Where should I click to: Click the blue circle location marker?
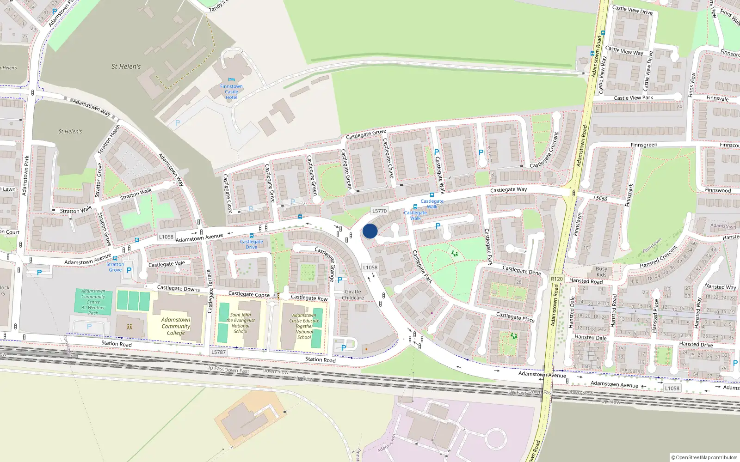[370, 231]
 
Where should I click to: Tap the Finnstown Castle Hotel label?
[231, 92]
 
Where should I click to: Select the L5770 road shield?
[379, 211]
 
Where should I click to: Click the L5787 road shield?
[218, 352]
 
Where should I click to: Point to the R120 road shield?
[557, 279]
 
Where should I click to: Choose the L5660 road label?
[600, 198]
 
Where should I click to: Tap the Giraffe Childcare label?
[353, 295]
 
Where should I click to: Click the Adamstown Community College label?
[176, 326]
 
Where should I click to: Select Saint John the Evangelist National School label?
[240, 323]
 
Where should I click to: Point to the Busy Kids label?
[601, 272]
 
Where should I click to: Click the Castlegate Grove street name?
[366, 134]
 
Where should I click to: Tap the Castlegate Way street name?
[508, 190]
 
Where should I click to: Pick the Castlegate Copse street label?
[249, 294]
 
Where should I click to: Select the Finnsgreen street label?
[644, 145]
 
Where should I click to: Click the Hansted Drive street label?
[696, 344]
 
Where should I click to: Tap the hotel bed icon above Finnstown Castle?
[231, 79]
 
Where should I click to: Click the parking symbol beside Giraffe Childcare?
[340, 280]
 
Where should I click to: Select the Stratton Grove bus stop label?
[115, 267]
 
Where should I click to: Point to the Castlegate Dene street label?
[522, 270]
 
